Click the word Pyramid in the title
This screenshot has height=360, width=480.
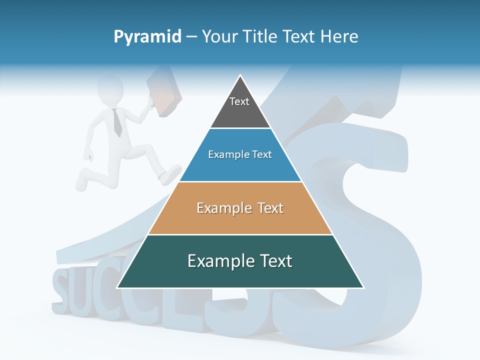click(147, 36)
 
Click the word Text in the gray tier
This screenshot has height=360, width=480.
click(239, 101)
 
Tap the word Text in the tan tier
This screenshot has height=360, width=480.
click(266, 207)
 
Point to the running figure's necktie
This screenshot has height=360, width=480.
click(117, 123)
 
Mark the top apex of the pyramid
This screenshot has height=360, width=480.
click(240, 76)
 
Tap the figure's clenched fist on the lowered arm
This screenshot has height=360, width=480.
click(89, 155)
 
